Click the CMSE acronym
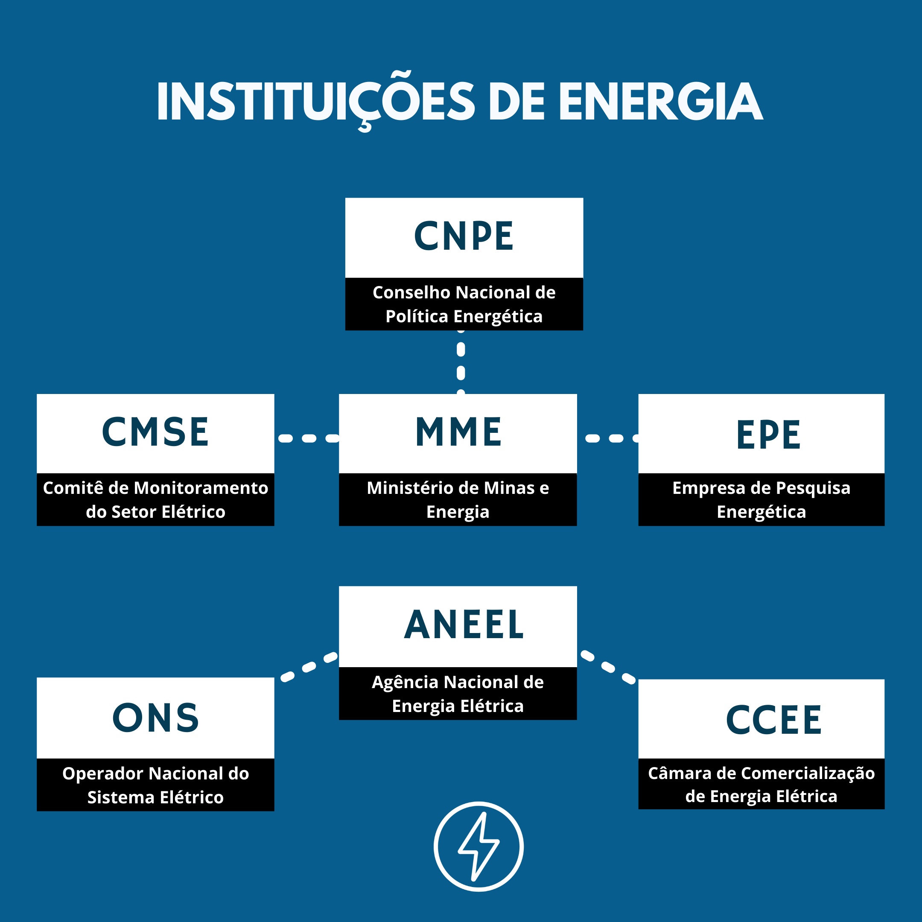pos(155,432)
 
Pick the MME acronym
pos(458,432)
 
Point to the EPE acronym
pos(768,435)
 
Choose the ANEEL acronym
pos(464,625)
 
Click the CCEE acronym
pos(773,720)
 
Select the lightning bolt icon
pos(479,846)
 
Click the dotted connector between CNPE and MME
pos(461,362)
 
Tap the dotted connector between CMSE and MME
pos(309,438)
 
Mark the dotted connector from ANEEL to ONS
pos(309,667)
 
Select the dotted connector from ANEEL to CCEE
pos(608,667)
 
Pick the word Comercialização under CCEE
pos(808,773)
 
